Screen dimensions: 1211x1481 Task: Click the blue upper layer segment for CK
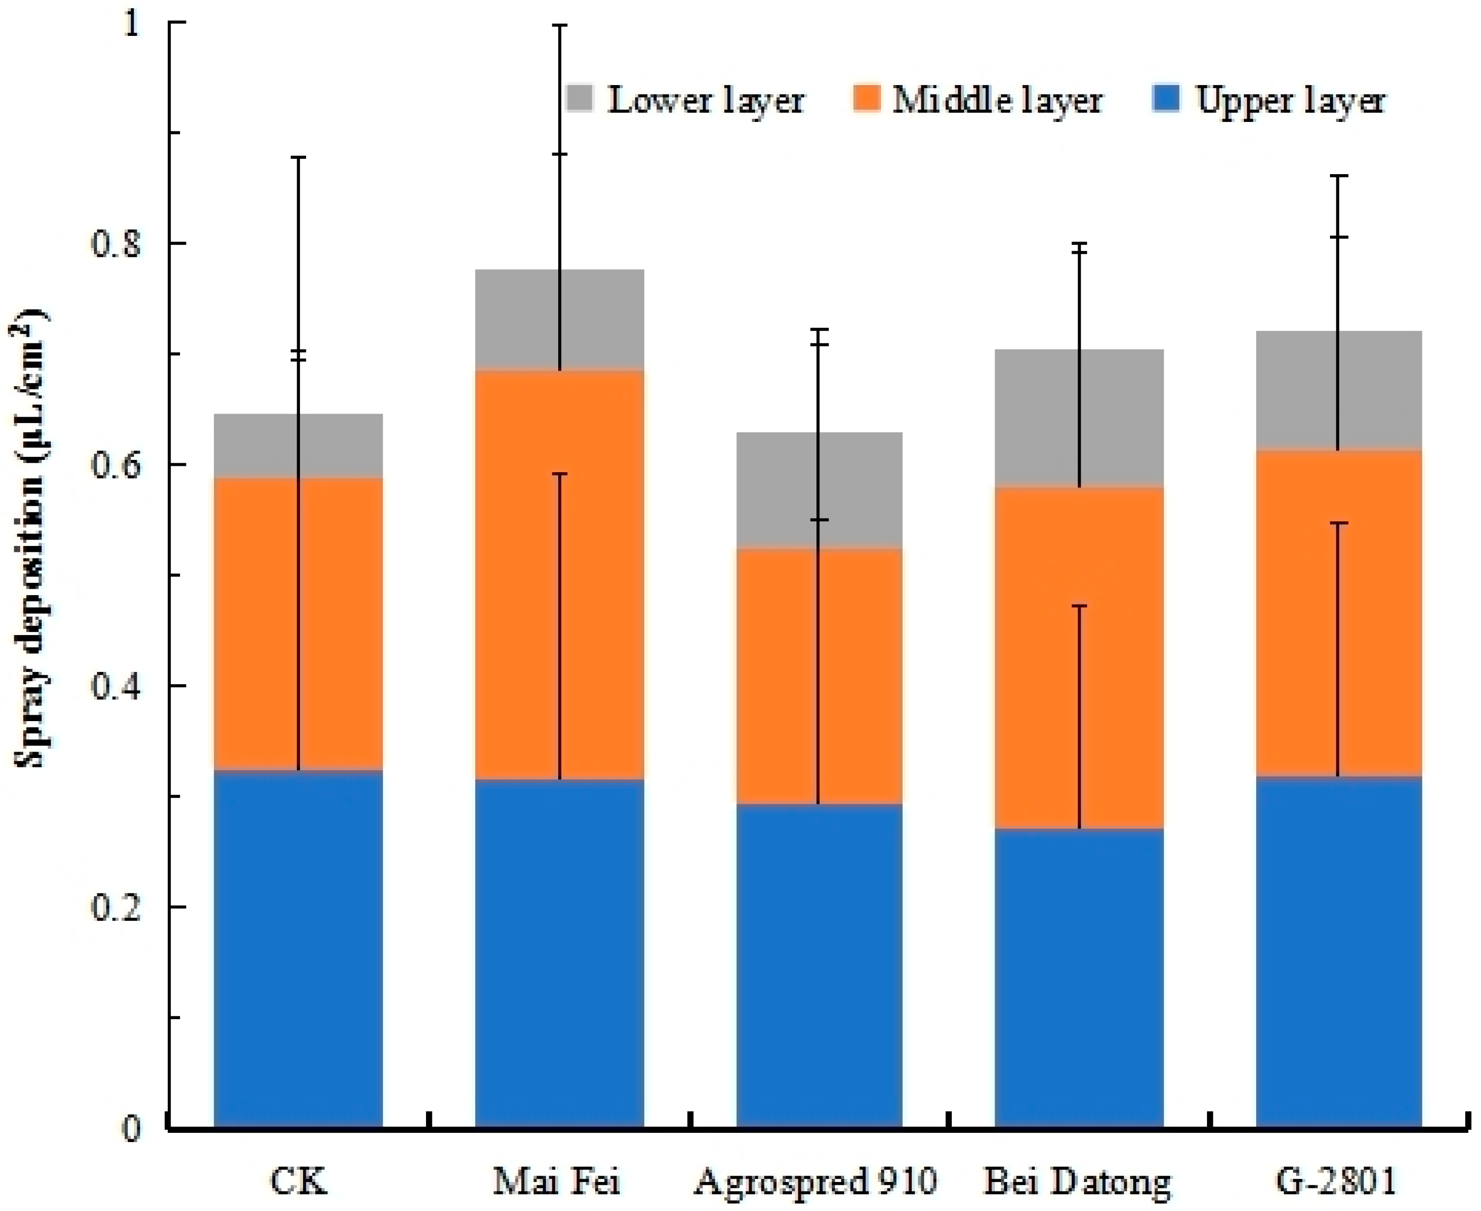(298, 949)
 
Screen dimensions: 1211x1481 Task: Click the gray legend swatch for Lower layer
(578, 98)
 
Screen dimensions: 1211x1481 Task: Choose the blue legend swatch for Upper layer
(1165, 98)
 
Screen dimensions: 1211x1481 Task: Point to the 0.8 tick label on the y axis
(116, 244)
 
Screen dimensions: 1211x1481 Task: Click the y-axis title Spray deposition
(31, 537)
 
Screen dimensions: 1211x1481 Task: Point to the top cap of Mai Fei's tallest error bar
(559, 25)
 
